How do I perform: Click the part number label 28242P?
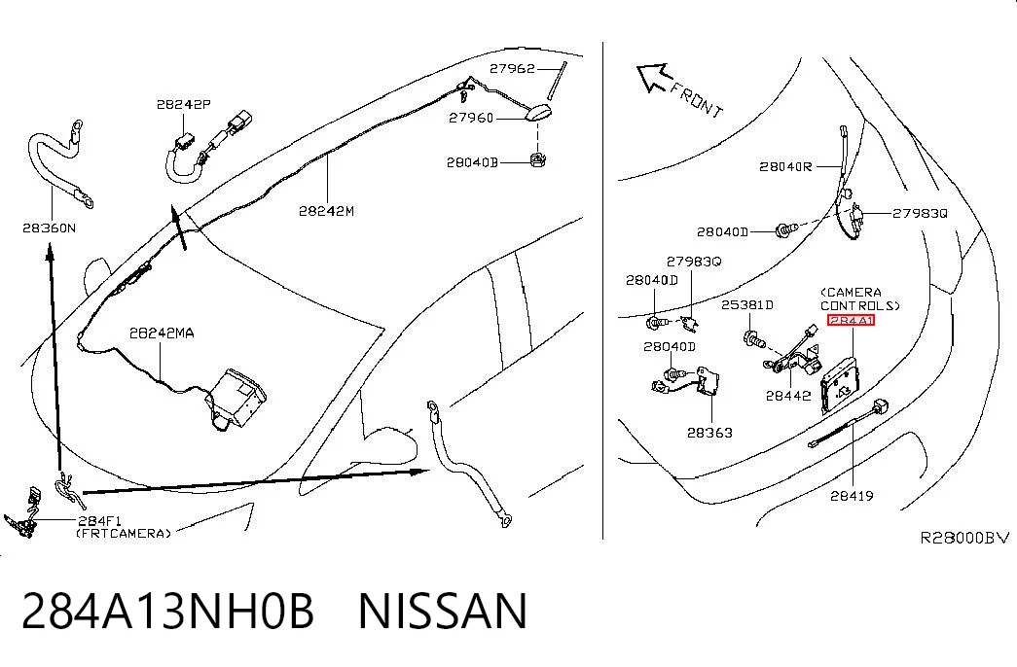pos(184,104)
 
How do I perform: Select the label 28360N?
pos(50,228)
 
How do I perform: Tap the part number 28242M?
pos(326,211)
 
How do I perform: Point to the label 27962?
pos(512,68)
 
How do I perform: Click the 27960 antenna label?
pos(472,118)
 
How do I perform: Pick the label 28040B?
pos(472,162)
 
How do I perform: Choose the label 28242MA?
pos(162,333)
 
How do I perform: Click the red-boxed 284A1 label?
pos(851,320)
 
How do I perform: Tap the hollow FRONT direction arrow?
pos(652,78)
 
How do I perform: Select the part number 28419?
pos(852,496)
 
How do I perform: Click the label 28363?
pos(709,433)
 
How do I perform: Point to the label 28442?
pos(788,396)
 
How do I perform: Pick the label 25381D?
pos(747,304)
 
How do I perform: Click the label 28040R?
pos(785,166)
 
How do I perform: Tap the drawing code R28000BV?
pos(965,538)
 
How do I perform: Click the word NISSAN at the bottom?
pos(443,612)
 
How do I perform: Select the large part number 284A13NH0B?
pos(168,612)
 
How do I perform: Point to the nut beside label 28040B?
pos(537,158)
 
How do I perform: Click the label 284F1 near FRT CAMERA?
pos(99,520)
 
